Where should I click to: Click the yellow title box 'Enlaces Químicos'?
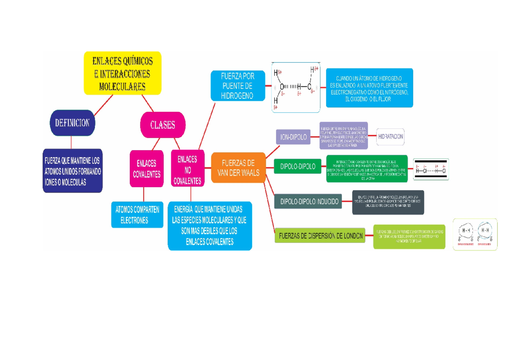pos(123,73)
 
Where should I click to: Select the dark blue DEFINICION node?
pos(72,123)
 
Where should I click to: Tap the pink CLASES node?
pos(162,125)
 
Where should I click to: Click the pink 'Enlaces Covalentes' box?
pos(146,168)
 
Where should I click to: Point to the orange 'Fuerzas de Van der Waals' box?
pos(238,168)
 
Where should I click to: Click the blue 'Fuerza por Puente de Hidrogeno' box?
pos(238,86)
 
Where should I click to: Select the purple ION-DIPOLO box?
pos(293,137)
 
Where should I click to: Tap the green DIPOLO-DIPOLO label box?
pos(298,167)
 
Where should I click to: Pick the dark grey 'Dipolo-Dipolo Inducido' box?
pos(310,202)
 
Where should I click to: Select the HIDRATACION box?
pos(390,137)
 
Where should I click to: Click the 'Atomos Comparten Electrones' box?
pos(137,215)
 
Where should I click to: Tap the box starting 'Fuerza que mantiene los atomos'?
pos(73,171)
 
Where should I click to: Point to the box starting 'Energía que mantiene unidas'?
pos(210,226)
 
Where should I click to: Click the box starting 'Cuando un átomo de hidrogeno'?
pos(369,88)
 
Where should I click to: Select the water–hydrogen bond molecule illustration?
pos(296,87)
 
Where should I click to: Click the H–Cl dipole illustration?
pos(431,168)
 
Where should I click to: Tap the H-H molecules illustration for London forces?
pos(475,234)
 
